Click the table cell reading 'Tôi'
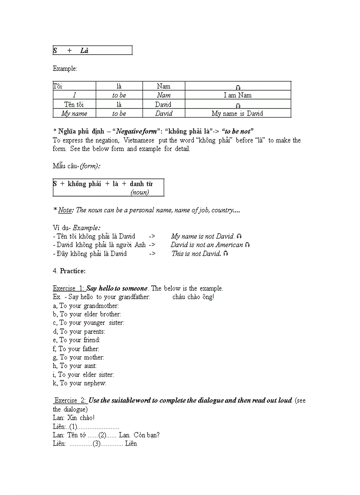tap(58, 86)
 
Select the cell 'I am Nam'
tap(238, 95)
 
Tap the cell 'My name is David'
tap(237, 113)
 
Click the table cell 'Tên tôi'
tap(74, 104)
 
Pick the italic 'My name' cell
tap(74, 113)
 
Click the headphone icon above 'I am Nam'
tap(238, 88)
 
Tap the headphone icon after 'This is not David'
tap(225, 253)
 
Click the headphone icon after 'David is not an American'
tap(247, 245)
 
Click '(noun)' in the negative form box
tap(140, 192)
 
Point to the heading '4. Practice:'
tap(69, 271)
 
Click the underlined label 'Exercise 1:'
tap(68, 288)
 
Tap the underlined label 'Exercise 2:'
tap(70, 400)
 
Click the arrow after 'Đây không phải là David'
tap(152, 253)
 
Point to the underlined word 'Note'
tap(65, 210)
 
